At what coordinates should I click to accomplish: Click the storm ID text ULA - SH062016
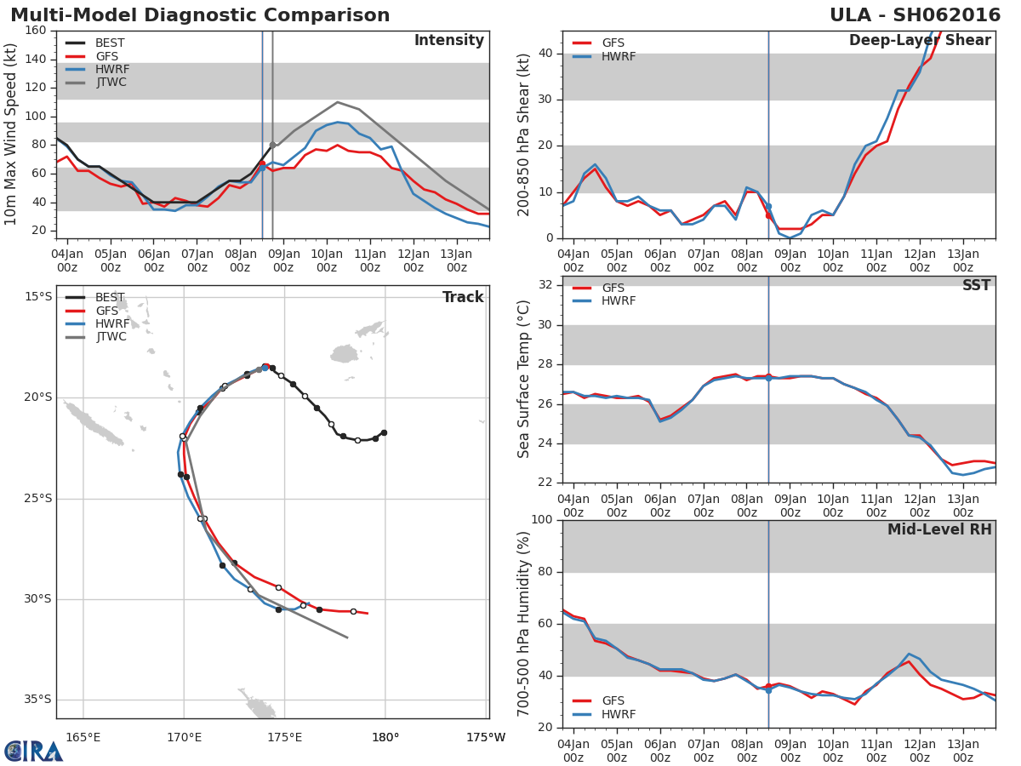pyautogui.click(x=915, y=15)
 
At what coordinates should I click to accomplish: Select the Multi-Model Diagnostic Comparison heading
pyautogui.click(x=200, y=15)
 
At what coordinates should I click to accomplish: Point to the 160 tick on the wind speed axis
pyautogui.click(x=36, y=31)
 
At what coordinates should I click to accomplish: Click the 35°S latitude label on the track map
pyautogui.click(x=38, y=700)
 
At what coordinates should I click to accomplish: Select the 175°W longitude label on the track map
pyautogui.click(x=486, y=737)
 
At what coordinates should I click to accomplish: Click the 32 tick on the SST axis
pyautogui.click(x=545, y=284)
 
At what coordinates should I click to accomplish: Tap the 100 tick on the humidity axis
pyautogui.click(x=542, y=519)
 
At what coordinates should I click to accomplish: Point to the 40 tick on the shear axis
pyautogui.click(x=545, y=53)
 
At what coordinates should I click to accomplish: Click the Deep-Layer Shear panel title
pyautogui.click(x=920, y=41)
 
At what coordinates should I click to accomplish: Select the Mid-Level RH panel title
pyautogui.click(x=939, y=529)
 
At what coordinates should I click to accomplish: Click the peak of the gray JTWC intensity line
pyautogui.click(x=337, y=102)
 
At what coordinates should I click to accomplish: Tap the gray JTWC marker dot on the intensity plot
pyautogui.click(x=273, y=145)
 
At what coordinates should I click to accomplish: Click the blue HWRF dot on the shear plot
pyautogui.click(x=768, y=207)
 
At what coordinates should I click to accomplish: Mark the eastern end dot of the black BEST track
pyautogui.click(x=385, y=433)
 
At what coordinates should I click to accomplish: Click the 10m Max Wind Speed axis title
pyautogui.click(x=10, y=134)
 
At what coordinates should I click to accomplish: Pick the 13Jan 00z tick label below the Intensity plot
pyautogui.click(x=456, y=261)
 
